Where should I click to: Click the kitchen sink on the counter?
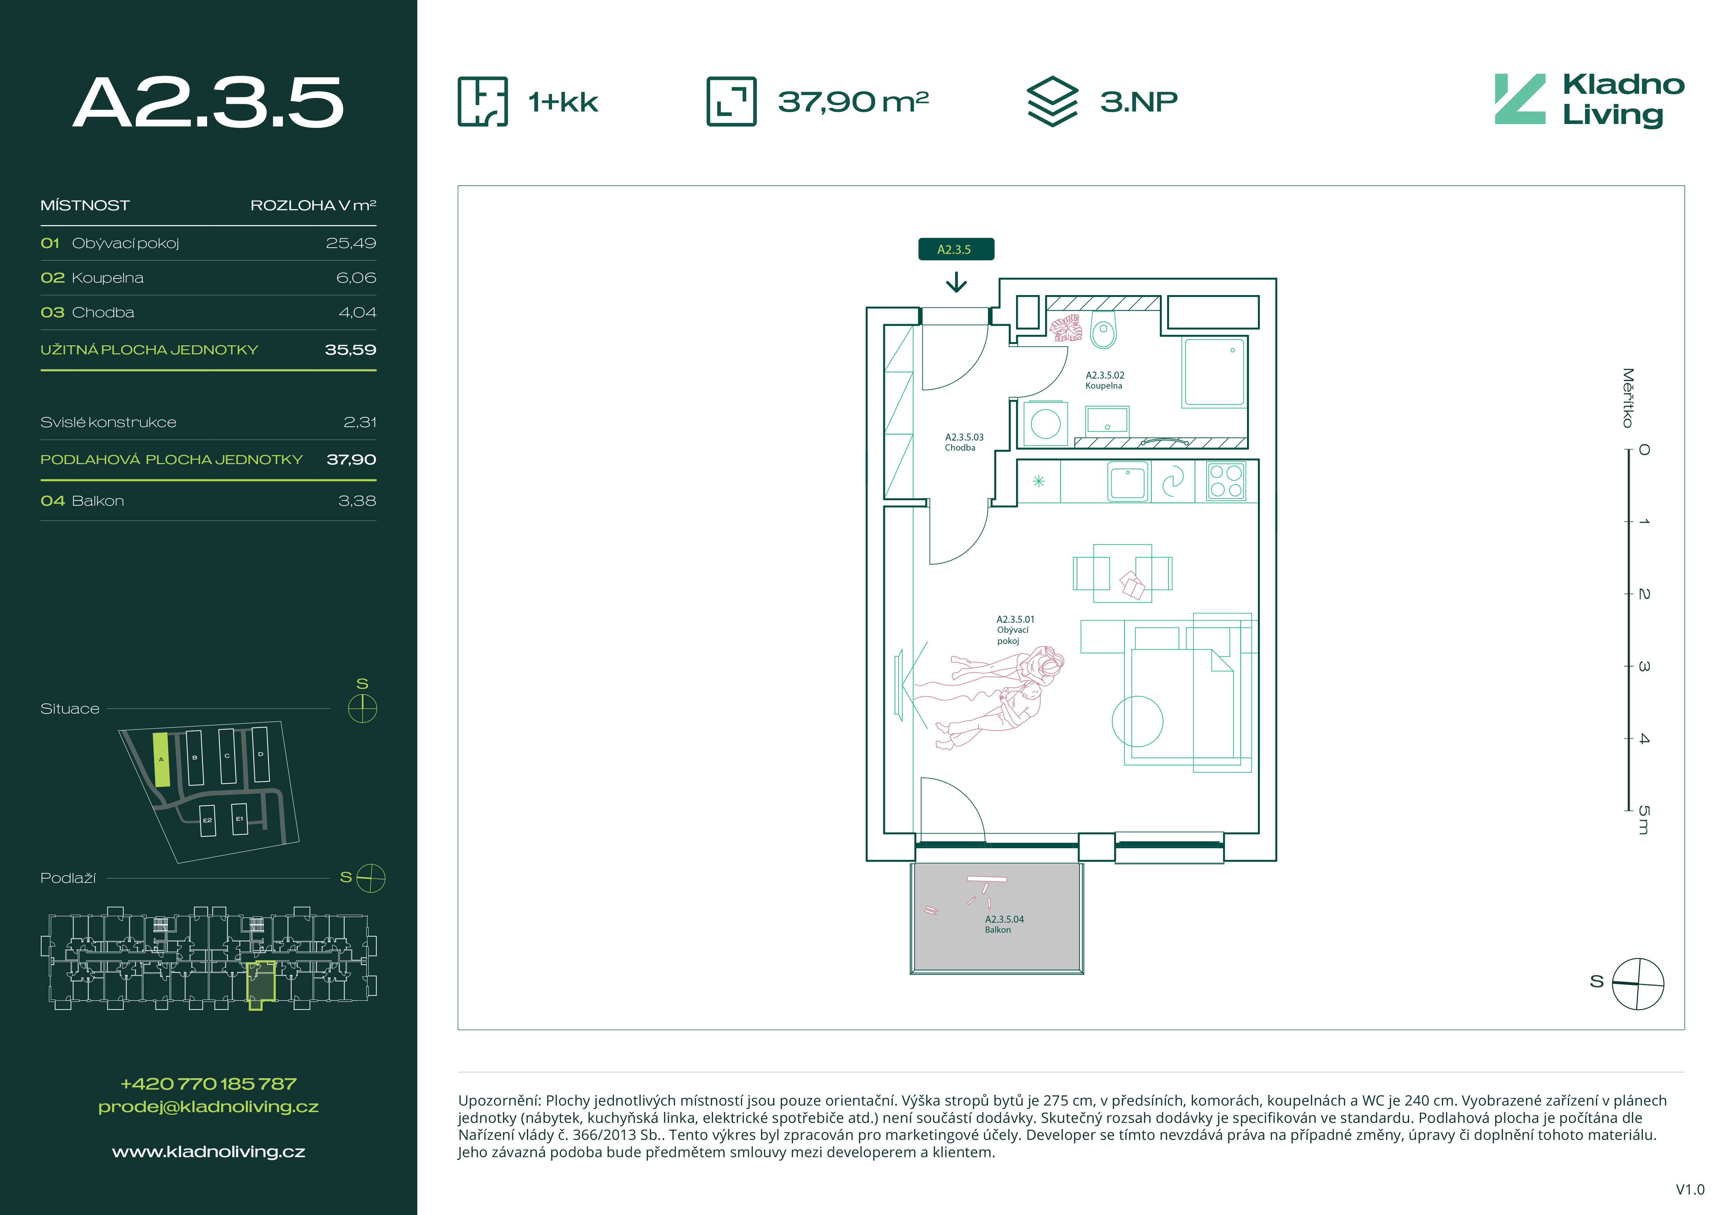(1128, 482)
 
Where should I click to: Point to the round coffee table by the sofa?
(1137, 721)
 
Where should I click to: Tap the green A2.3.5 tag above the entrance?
(955, 249)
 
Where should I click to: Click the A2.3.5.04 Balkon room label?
(1004, 924)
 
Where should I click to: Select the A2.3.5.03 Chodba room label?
(964, 442)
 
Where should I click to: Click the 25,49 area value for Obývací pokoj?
(351, 243)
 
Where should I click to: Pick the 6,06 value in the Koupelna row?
(356, 277)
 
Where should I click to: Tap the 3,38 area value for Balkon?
(357, 500)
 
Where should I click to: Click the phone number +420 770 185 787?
(209, 1083)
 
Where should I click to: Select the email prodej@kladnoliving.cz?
(209, 1107)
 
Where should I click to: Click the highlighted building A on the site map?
(161, 759)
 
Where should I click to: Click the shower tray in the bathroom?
(1214, 372)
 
